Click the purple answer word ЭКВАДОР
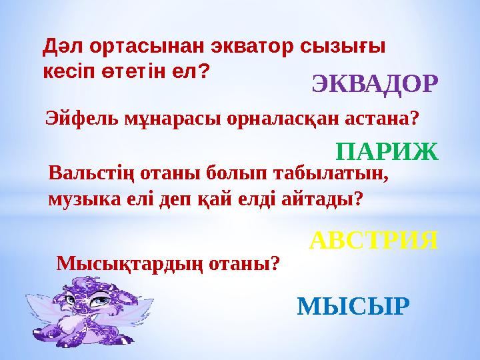point(375,85)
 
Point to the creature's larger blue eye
point(100,301)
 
